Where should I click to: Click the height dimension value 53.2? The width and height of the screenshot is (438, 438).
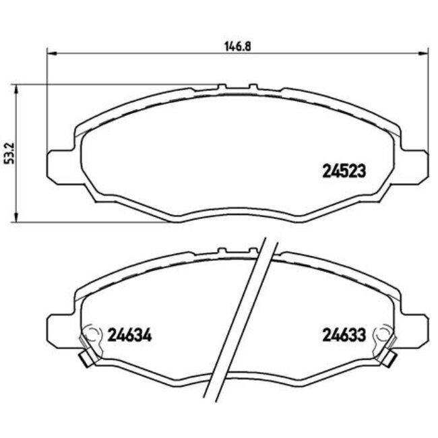click(x=8, y=154)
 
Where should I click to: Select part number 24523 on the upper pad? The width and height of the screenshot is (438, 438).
click(x=342, y=171)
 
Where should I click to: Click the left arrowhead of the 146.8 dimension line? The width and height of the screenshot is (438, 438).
click(x=49, y=52)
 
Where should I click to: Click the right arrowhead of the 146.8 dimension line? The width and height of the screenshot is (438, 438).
click(x=425, y=52)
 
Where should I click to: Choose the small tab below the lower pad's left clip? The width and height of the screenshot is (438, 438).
click(x=84, y=360)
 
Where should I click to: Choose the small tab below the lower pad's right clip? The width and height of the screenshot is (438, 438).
click(x=389, y=360)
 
